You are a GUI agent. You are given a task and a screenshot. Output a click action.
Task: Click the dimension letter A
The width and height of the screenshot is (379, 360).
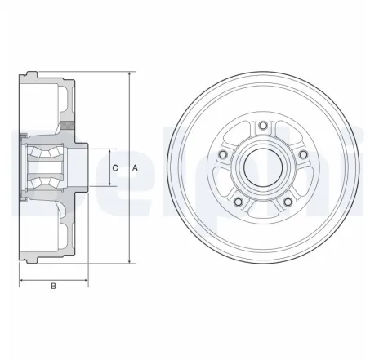click(136, 168)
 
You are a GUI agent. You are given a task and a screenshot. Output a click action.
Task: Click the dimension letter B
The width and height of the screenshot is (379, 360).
click(53, 286)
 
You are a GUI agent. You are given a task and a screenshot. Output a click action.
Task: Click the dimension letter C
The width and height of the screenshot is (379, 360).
click(114, 168)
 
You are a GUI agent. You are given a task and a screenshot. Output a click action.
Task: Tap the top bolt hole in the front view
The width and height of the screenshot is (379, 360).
click(261, 125)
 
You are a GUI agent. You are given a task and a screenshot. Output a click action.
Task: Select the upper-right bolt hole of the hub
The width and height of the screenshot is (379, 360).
click(302, 154)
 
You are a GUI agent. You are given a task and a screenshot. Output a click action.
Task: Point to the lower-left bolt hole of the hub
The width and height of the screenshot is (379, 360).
click(237, 202)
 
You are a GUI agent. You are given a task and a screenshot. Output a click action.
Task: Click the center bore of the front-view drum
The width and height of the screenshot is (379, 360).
click(261, 166)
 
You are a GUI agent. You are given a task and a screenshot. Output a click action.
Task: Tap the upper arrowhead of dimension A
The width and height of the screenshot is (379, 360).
click(128, 73)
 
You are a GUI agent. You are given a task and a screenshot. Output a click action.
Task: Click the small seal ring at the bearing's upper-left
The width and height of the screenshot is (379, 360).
click(25, 136)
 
